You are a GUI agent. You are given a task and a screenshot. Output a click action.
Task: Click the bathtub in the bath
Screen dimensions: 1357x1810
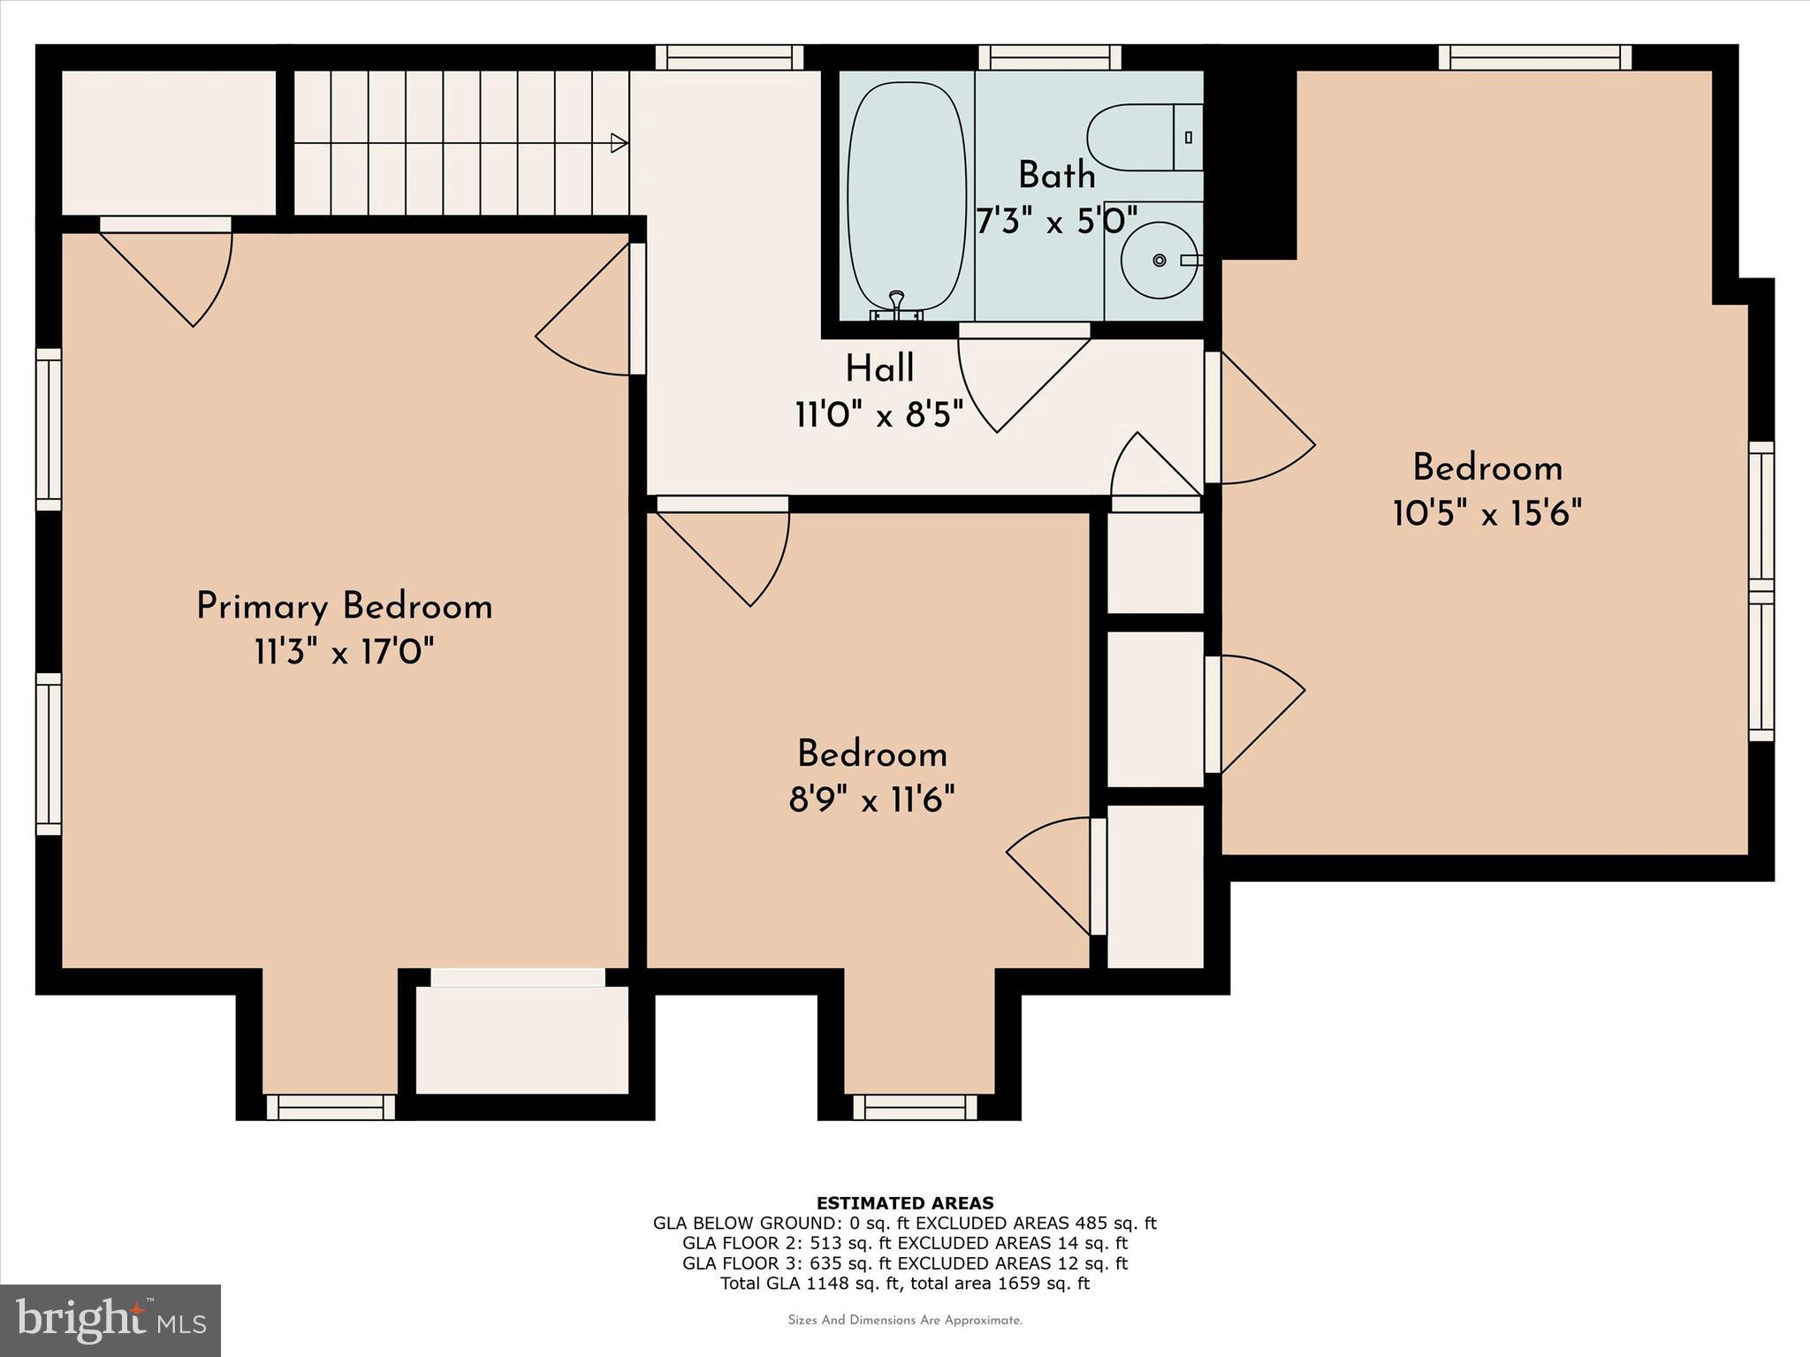(907, 199)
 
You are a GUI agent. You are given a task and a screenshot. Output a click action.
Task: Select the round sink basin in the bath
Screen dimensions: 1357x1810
(1159, 260)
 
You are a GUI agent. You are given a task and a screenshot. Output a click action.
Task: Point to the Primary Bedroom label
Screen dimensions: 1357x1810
(344, 607)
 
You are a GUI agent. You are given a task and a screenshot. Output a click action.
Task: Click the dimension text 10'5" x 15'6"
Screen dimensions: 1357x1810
(1487, 513)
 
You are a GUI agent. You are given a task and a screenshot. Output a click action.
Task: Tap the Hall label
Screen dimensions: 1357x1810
(879, 369)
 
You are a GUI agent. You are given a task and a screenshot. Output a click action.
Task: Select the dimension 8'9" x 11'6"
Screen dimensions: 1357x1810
(871, 800)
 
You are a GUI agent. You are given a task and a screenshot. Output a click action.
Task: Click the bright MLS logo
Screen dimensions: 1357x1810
(110, 1320)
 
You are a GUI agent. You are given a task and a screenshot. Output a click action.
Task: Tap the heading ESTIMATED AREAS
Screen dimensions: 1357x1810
(904, 1202)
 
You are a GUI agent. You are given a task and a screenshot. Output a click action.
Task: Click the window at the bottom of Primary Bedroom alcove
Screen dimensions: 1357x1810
(331, 1107)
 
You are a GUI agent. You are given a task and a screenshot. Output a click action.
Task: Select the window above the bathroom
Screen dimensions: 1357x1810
(1049, 57)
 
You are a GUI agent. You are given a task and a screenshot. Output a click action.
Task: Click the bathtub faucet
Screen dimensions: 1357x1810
(896, 304)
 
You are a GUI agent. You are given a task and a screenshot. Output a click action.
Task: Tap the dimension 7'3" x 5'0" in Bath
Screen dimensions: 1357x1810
(1055, 221)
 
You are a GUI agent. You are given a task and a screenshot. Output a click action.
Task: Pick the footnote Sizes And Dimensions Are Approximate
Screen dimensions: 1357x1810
(904, 1321)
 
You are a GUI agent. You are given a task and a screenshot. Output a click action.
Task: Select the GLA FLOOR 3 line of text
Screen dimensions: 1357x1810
(904, 1263)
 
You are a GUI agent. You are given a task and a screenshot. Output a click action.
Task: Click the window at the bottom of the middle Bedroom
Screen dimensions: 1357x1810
(915, 1107)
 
